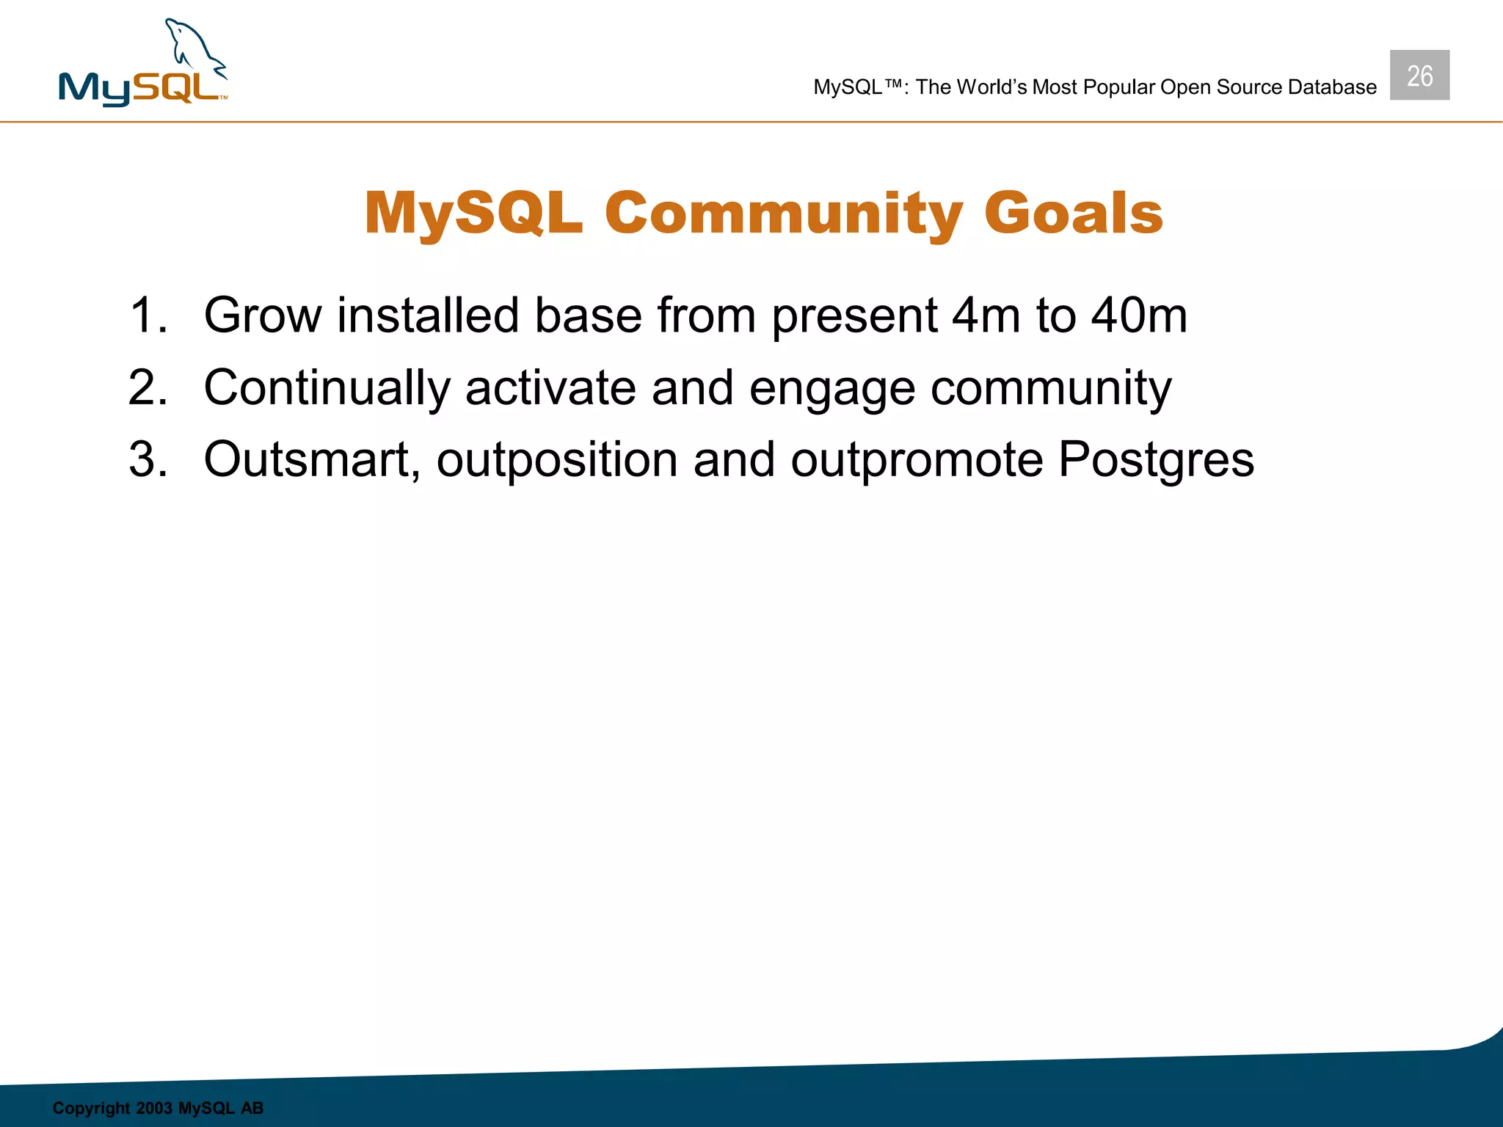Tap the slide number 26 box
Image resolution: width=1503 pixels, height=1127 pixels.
1419,76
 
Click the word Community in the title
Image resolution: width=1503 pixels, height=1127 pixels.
783,214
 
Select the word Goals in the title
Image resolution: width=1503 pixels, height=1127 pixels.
1073,214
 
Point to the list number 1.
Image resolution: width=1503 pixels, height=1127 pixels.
147,316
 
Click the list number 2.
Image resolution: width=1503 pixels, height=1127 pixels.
147,387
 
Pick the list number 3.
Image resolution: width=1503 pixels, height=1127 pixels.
147,460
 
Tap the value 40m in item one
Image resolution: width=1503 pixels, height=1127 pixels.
1138,316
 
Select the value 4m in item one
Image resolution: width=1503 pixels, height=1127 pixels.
985,316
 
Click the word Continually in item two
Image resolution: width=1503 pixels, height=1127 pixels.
327,389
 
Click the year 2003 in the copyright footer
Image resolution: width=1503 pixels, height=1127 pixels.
153,1108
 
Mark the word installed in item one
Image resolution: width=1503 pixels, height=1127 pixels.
428,316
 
